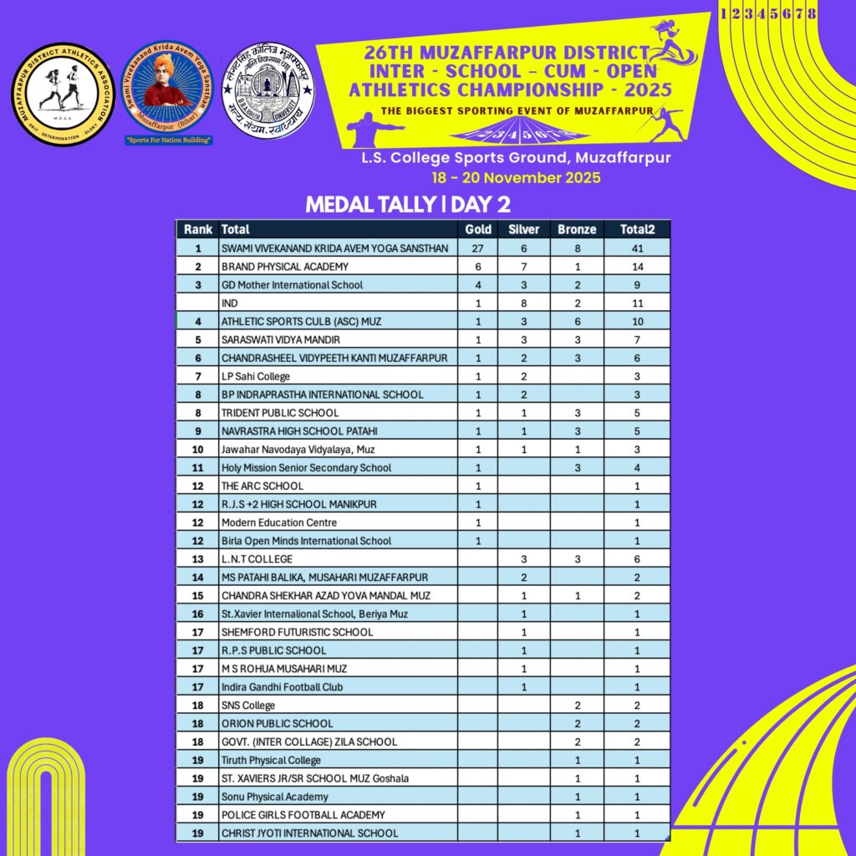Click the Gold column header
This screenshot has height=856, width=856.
(x=478, y=229)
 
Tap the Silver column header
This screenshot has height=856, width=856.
(x=524, y=229)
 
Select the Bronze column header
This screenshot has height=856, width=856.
(x=577, y=229)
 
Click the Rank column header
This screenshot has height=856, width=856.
(x=198, y=229)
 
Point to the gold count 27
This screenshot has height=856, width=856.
(x=479, y=248)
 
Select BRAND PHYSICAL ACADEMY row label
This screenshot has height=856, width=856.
(x=273, y=267)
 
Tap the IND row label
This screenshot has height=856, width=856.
(x=229, y=303)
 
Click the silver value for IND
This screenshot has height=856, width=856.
(x=524, y=303)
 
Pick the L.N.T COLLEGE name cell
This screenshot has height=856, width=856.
(x=257, y=559)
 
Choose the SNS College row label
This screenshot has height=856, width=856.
(x=247, y=706)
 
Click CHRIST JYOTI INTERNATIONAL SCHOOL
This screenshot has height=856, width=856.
(x=309, y=833)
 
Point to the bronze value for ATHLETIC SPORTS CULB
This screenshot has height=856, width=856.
(x=577, y=321)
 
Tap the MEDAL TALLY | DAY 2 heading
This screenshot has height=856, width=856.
(x=408, y=205)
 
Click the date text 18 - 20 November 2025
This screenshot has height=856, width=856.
(x=516, y=178)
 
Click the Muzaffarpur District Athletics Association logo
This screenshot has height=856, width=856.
(x=64, y=93)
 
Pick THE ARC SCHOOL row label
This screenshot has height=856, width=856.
(x=262, y=486)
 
